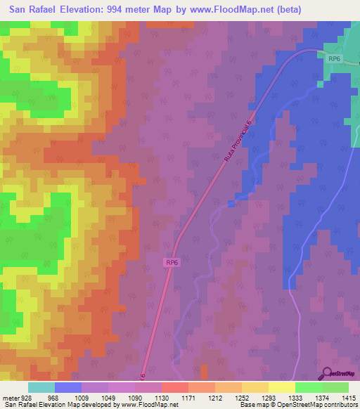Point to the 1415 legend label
[348, 397]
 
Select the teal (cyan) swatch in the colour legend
[41, 387]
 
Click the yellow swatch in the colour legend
[282, 387]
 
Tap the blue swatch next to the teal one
[68, 387]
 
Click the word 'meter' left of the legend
[11, 397]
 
